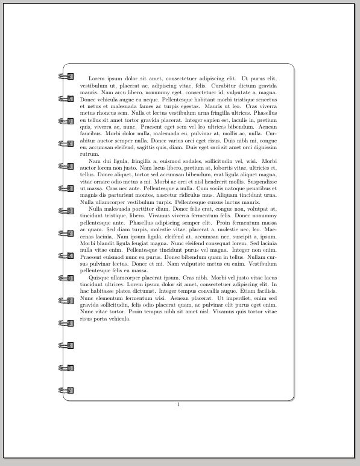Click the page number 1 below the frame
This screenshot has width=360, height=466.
[x=178, y=404]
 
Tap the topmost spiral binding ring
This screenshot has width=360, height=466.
[x=66, y=77]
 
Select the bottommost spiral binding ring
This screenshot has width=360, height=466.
[x=66, y=390]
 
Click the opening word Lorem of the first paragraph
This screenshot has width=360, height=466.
[x=96, y=78]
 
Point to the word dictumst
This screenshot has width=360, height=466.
[x=153, y=291]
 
